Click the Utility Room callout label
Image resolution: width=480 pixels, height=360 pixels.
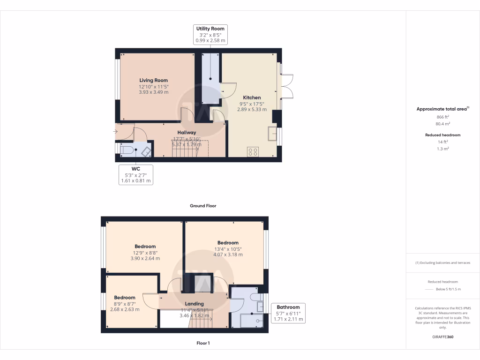pyautogui.click(x=210, y=35)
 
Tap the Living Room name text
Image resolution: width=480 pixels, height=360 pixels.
pyautogui.click(x=153, y=80)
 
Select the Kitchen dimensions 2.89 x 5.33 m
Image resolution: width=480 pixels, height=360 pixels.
pyautogui.click(x=252, y=109)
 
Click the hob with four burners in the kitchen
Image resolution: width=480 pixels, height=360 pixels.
pyautogui.click(x=253, y=151)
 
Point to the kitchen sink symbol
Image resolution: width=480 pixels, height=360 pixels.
pyautogui.click(x=272, y=134)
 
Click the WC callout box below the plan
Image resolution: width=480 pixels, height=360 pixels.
pyautogui.click(x=136, y=174)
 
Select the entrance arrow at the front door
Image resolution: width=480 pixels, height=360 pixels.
pyautogui.click(x=116, y=132)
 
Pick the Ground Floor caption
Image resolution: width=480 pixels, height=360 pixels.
pyautogui.click(x=203, y=206)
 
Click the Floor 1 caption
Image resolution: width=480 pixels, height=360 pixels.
pyautogui.click(x=203, y=343)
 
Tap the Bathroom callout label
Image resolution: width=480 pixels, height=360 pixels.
pyautogui.click(x=288, y=313)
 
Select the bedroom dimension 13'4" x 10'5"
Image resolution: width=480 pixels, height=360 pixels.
pyautogui.click(x=228, y=249)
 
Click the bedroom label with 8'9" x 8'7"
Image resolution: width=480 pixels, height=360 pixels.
pyautogui.click(x=125, y=297)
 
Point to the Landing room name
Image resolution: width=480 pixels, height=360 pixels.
pyautogui.click(x=194, y=304)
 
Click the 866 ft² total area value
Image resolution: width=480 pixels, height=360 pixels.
pyautogui.click(x=443, y=117)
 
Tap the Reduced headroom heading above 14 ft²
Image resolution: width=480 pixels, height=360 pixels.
pyautogui.click(x=443, y=135)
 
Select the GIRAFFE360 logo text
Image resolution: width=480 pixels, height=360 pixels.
pyautogui.click(x=443, y=337)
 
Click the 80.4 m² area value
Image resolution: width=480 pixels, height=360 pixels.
pyautogui.click(x=443, y=124)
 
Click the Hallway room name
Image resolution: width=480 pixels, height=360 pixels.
pyautogui.click(x=187, y=133)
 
